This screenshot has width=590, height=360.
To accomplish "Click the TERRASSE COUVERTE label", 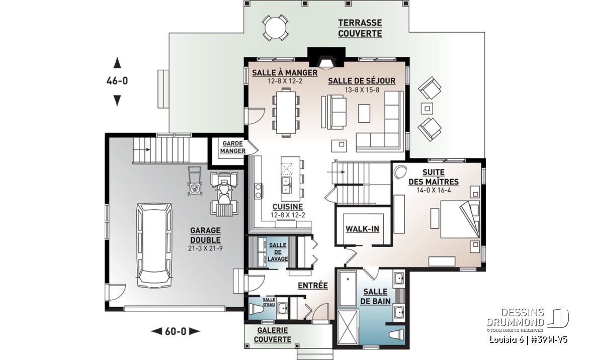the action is click(x=360, y=28).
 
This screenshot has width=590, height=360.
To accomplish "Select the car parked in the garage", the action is click(x=154, y=246).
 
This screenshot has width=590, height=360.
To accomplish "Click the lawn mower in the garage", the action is click(x=194, y=181).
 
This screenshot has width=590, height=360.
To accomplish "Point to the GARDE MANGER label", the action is click(x=233, y=147).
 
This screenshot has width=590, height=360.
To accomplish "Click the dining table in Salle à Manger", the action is click(x=286, y=112).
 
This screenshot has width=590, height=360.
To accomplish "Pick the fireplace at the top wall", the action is click(x=326, y=58).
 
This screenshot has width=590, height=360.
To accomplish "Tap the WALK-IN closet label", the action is click(x=362, y=229).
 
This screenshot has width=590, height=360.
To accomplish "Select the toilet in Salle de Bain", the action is click(x=397, y=334).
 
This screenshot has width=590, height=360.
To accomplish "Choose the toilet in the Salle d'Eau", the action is click(x=257, y=310).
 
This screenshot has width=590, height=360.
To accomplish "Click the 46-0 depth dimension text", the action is click(x=117, y=81).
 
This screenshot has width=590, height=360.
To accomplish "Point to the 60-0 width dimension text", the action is click(x=176, y=331).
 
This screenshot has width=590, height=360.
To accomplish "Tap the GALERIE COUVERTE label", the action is click(x=273, y=335).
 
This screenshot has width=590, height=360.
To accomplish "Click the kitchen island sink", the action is click(x=286, y=184).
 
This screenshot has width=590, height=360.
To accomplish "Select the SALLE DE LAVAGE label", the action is click(x=278, y=252).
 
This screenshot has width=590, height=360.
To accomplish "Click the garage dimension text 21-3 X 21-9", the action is click(x=205, y=248).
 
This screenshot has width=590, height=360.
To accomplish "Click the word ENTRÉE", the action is click(x=313, y=286).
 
